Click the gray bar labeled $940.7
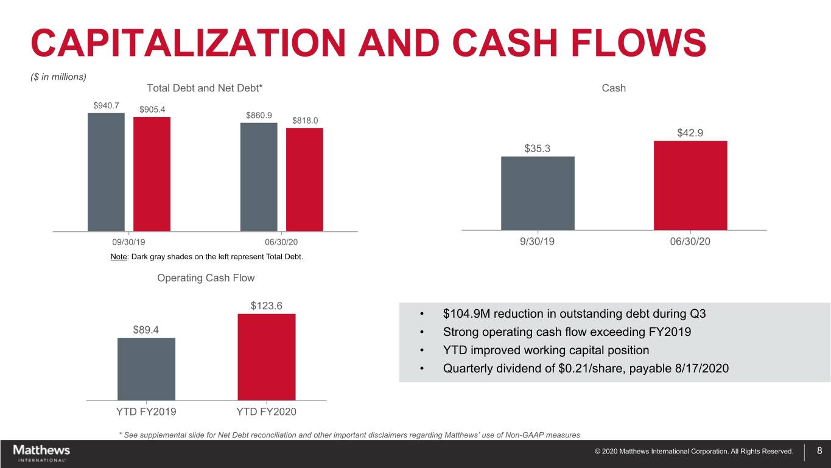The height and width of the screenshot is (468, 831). [106, 172]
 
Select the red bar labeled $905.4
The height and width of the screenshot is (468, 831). [152, 174]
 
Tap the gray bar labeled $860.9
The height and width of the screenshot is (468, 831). [259, 177]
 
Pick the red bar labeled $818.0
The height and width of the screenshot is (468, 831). [304, 180]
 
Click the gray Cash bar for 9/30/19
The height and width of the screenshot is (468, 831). [538, 193]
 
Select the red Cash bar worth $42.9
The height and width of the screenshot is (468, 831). [690, 186]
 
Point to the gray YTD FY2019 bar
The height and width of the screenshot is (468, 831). [146, 369]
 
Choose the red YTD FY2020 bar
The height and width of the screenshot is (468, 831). [267, 357]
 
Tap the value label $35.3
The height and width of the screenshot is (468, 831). [538, 148]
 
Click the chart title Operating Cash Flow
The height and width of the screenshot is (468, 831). [206, 278]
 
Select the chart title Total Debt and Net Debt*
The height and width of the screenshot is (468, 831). [205, 88]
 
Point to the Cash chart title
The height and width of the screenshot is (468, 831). [614, 88]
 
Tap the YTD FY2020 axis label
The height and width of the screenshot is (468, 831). [266, 412]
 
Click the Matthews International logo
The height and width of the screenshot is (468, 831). [41, 453]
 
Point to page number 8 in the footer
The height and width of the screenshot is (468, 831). [819, 451]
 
